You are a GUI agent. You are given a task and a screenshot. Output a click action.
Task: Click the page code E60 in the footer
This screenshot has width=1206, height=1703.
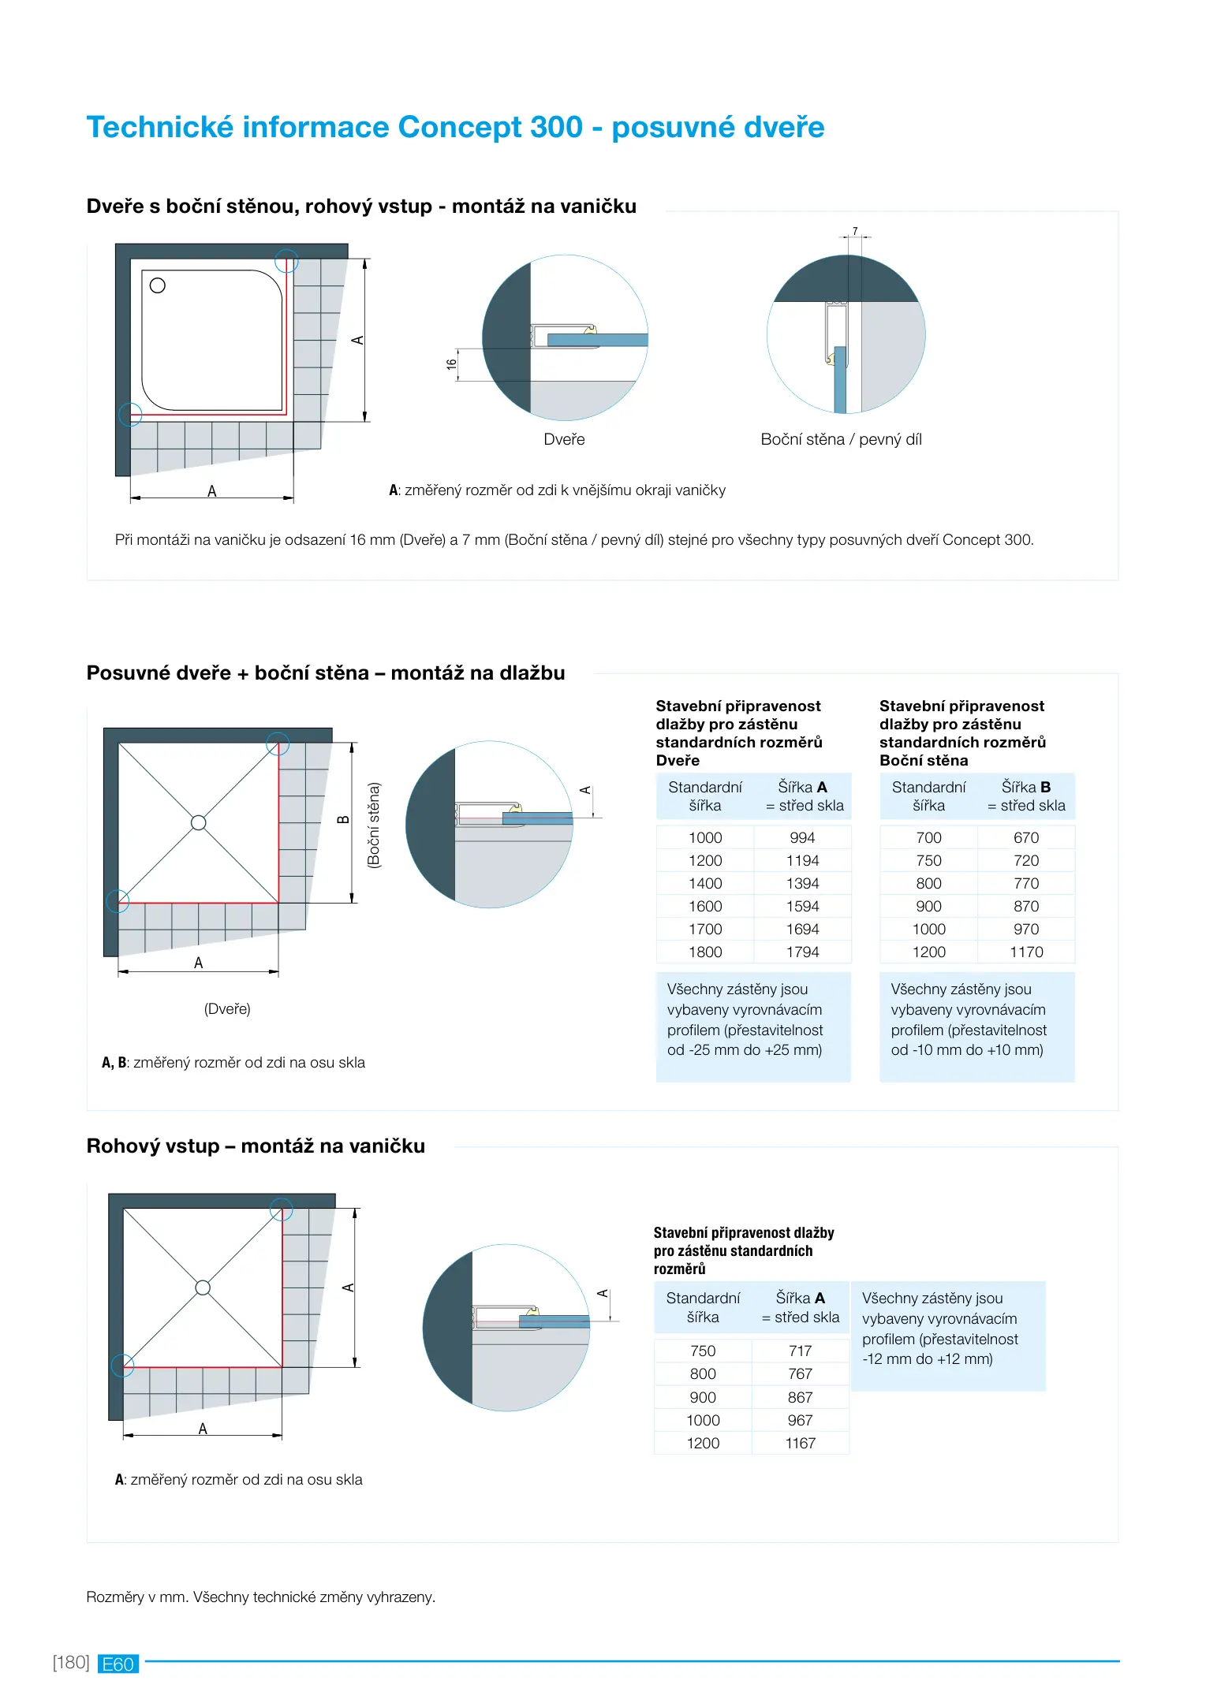coord(118,1664)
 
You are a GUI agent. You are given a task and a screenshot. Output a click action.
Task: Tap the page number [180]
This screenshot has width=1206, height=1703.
coord(71,1662)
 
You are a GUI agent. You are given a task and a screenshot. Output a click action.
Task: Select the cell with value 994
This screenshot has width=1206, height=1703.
coord(802,837)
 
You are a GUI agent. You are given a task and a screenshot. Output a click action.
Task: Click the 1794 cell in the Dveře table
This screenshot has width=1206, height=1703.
coord(802,952)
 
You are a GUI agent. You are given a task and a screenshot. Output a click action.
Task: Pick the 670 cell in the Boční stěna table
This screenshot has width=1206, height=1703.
coord(1026,837)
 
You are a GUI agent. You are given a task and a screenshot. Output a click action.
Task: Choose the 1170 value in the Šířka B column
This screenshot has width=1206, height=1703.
coord(1026,952)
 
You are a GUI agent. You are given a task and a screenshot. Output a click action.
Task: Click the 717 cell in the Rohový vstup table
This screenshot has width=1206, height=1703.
coord(800,1351)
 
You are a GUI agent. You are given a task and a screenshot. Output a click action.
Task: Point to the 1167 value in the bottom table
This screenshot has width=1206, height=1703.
coord(800,1443)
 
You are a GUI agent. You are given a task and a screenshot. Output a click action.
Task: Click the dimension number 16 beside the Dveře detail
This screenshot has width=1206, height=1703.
coord(451,364)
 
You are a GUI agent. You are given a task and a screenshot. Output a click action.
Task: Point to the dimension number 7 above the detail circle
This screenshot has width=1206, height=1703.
coord(855,231)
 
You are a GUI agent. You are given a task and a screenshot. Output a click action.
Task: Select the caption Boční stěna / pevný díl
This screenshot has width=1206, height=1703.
coord(841,439)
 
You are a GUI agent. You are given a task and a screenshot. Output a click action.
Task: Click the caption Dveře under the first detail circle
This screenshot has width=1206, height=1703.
coord(564,439)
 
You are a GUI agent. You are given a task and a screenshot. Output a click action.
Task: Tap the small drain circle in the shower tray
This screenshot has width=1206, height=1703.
coord(158,285)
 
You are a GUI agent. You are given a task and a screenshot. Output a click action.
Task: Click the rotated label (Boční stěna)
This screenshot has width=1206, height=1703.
coord(374,825)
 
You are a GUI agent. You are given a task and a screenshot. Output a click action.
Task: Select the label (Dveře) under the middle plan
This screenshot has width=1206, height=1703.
coord(227,1008)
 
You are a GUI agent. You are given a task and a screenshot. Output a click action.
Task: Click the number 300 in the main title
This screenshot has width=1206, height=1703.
coord(556,127)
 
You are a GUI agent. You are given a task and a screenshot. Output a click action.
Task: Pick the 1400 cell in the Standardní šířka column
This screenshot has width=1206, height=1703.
coord(705,883)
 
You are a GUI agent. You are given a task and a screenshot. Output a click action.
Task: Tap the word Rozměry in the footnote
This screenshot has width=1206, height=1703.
coord(115,1597)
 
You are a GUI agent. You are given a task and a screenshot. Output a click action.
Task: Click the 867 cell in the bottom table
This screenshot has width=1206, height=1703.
coord(800,1397)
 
